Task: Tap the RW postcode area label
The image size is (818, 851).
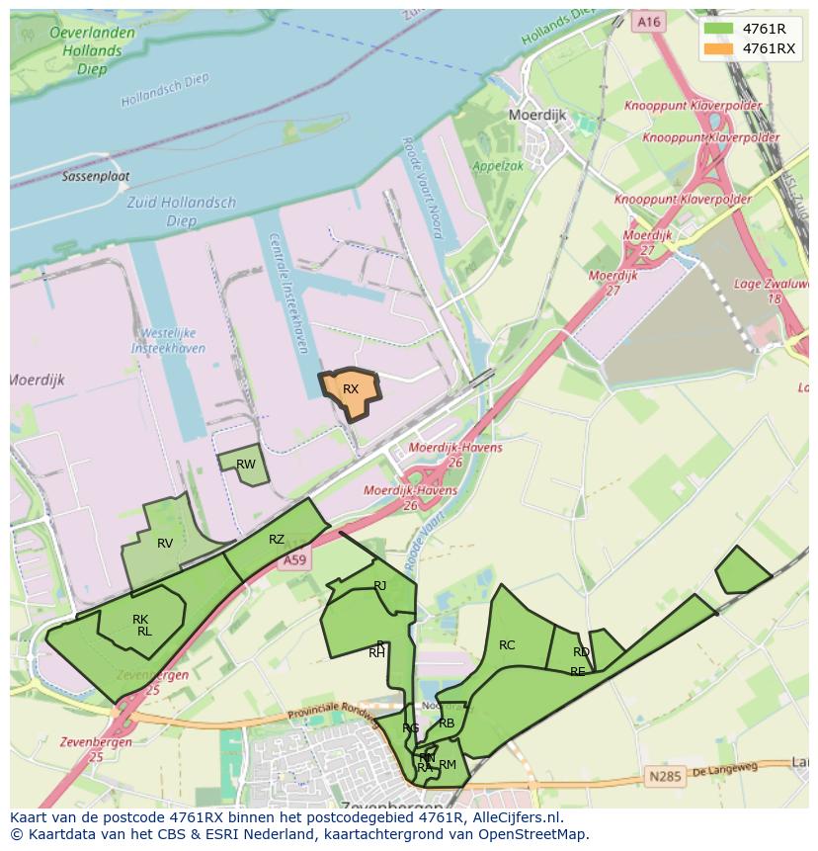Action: [x=246, y=465]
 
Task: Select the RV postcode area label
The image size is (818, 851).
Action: [x=165, y=543]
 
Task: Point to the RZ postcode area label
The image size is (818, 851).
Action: [x=277, y=540]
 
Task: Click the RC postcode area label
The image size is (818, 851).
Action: [x=507, y=645]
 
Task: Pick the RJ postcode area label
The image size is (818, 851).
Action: [x=380, y=586]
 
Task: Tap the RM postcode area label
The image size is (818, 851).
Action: [x=448, y=764]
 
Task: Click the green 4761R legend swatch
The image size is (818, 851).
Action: [x=718, y=29]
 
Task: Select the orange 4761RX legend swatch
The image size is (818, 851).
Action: [x=718, y=48]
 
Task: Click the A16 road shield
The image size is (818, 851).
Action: [x=648, y=22]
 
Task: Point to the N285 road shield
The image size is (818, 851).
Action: [x=665, y=777]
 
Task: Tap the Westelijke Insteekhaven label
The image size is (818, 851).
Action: [x=170, y=341]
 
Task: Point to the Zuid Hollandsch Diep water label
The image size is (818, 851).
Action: [x=182, y=212]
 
